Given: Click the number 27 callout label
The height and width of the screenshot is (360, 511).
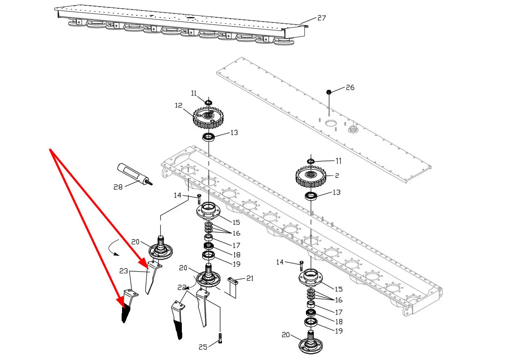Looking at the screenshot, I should pyautogui.click(x=321, y=18).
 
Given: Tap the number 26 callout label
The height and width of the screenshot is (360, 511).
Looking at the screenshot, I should pyautogui.click(x=350, y=88).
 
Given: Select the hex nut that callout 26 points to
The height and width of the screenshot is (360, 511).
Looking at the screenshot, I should pyautogui.click(x=328, y=92).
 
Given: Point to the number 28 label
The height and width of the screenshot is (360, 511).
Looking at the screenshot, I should pyautogui.click(x=118, y=187).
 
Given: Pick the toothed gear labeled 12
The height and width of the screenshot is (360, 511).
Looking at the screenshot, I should pyautogui.click(x=207, y=118).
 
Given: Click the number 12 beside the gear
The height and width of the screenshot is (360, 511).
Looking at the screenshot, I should pyautogui.click(x=178, y=105).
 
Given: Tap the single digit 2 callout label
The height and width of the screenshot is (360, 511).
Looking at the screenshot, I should pyautogui.click(x=337, y=176).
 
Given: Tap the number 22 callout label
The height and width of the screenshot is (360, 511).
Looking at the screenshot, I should pyautogui.click(x=182, y=287).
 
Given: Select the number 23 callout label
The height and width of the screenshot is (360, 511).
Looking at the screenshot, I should pyautogui.click(x=123, y=271).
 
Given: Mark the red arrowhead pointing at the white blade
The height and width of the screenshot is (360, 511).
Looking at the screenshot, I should pyautogui.click(x=144, y=265).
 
